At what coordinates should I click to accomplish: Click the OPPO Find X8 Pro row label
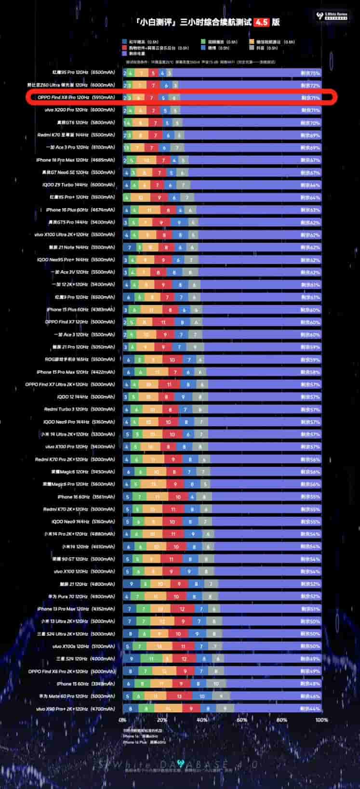click(x=76, y=97)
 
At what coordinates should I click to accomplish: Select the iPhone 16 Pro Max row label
click(x=76, y=160)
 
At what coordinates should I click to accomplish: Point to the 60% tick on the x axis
click(x=242, y=720)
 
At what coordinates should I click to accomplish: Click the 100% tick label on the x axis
click(x=321, y=720)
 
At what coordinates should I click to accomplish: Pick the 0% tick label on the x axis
click(x=122, y=720)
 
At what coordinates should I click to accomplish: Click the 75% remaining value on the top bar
click(x=310, y=73)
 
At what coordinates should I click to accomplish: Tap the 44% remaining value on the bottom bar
click(x=310, y=709)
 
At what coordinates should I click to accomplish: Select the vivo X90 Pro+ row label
click(x=76, y=709)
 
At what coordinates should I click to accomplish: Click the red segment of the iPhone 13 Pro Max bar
click(x=182, y=609)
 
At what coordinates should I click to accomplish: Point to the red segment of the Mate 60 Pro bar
click(x=179, y=696)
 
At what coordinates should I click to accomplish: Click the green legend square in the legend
click(x=203, y=42)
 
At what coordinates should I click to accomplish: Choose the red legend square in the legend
click(x=125, y=48)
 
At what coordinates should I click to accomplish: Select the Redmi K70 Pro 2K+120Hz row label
click(x=75, y=460)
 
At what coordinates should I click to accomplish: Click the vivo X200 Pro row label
click(x=80, y=110)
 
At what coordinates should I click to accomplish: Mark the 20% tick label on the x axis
click(x=162, y=720)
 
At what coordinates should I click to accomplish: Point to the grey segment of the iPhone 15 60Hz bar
click(x=216, y=684)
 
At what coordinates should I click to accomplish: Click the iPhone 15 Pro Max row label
click(x=76, y=372)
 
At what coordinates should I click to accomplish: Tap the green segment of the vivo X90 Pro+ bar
click(x=147, y=709)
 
